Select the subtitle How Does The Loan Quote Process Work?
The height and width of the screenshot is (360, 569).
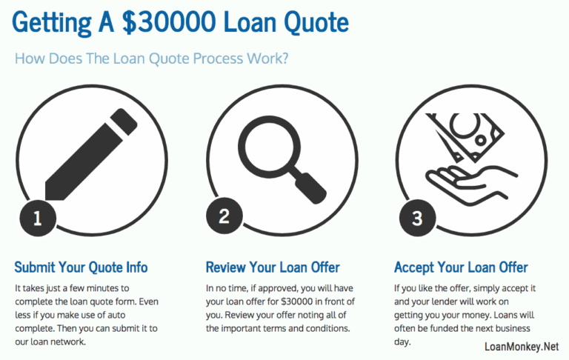click(152, 59)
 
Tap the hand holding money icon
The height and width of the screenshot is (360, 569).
click(470, 156)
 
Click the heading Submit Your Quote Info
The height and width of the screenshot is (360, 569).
click(81, 267)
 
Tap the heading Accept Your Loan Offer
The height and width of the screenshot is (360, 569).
click(461, 267)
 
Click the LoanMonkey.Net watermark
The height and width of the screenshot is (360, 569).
click(520, 346)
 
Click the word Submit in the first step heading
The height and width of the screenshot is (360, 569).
click(34, 267)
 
